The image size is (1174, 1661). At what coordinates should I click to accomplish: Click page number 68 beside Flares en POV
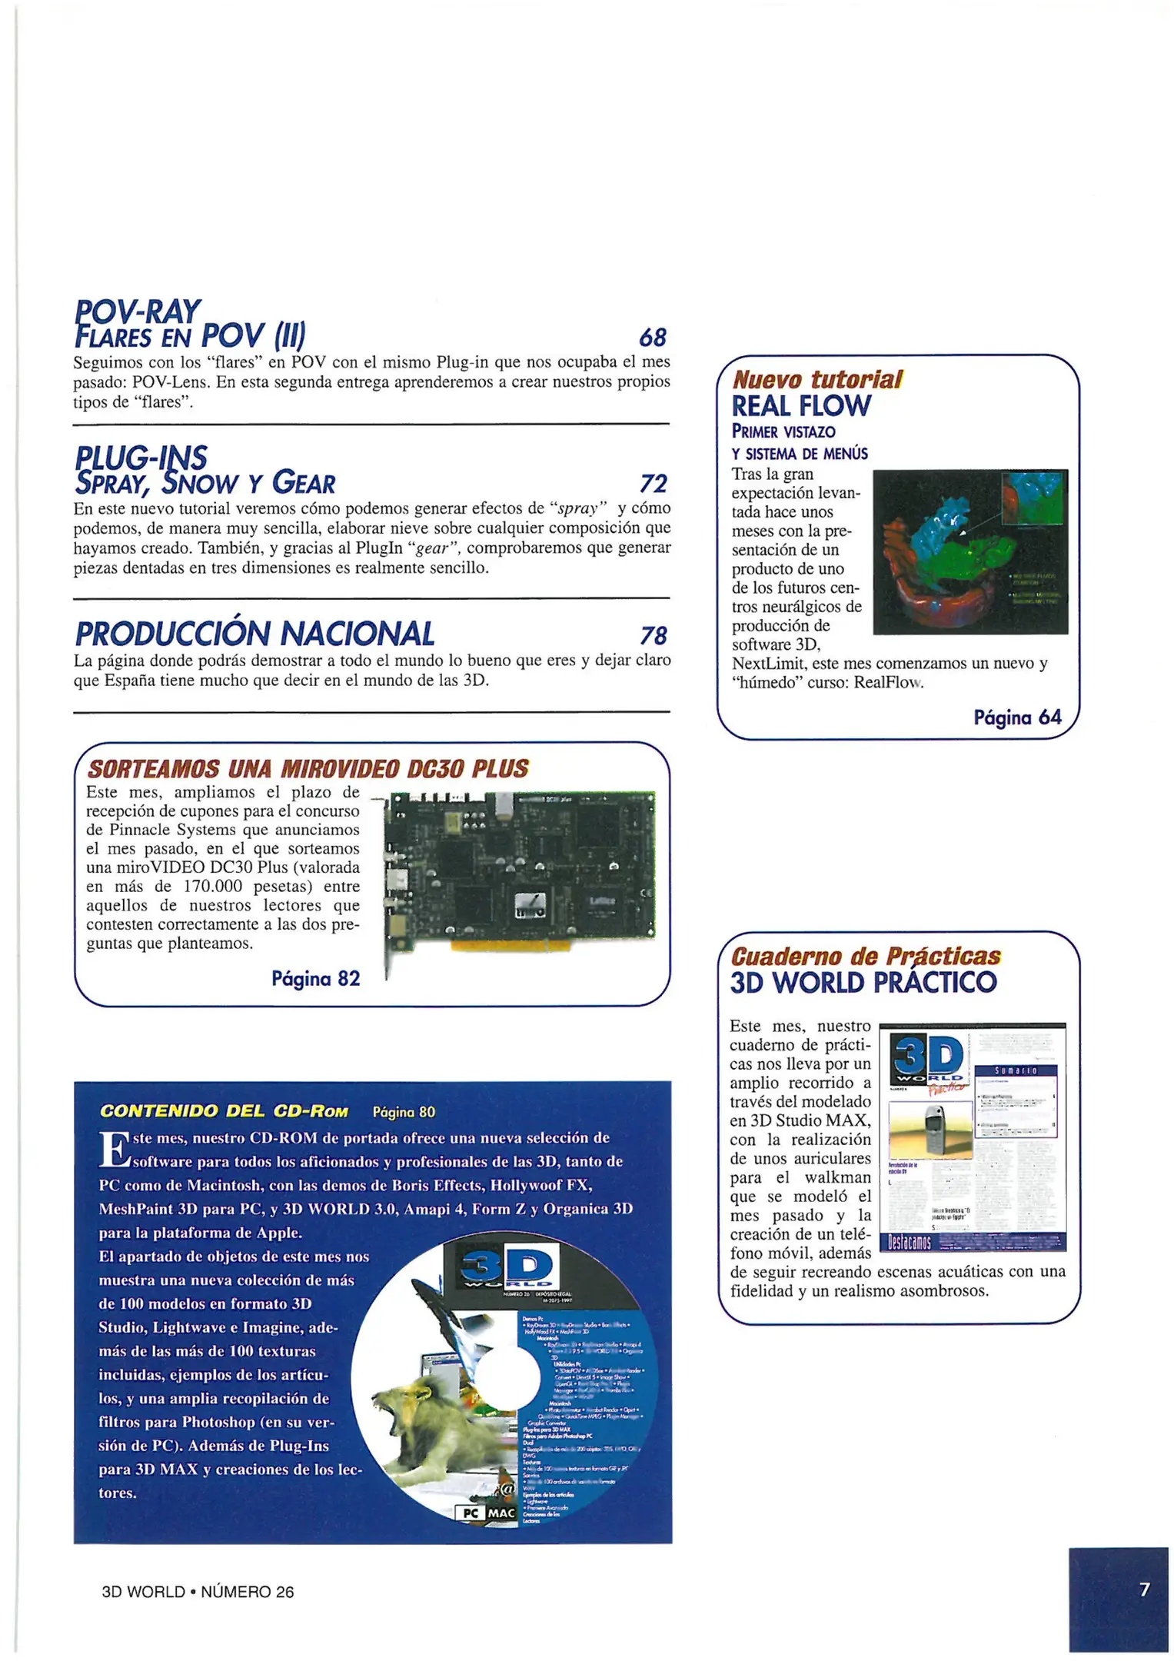[x=652, y=338]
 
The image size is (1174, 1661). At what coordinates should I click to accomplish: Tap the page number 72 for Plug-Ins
[x=653, y=484]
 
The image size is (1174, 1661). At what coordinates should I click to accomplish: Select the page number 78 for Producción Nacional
[x=653, y=635]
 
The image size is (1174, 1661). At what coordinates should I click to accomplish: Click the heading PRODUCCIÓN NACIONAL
[x=254, y=634]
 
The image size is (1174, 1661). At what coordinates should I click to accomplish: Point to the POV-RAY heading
[x=138, y=311]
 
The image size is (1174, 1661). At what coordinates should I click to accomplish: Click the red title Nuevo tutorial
[x=816, y=380]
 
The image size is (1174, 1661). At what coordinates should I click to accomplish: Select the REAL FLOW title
[x=800, y=406]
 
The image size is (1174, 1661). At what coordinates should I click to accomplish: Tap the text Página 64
[x=1016, y=717]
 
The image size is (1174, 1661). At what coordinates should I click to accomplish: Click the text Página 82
[x=315, y=978]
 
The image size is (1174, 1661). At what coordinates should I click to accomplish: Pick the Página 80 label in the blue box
[x=404, y=1112]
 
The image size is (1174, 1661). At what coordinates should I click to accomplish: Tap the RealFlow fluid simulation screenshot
[x=969, y=552]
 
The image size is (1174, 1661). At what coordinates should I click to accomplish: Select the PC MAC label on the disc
[x=487, y=1513]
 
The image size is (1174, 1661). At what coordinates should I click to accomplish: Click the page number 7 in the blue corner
[x=1144, y=1589]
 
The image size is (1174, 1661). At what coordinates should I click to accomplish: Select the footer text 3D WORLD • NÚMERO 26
[x=198, y=1592]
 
